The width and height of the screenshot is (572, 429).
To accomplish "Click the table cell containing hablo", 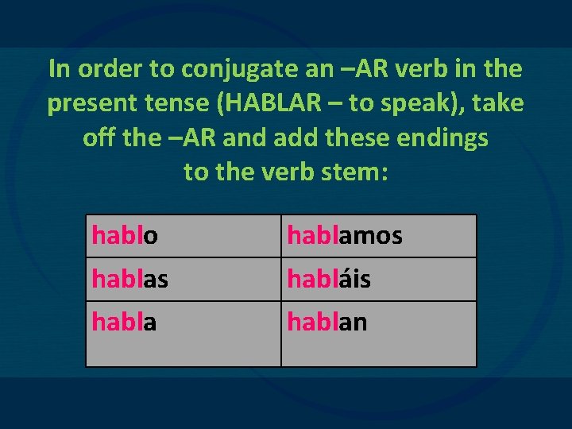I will click(183, 236).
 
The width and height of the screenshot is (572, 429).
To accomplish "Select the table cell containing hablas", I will click(183, 279).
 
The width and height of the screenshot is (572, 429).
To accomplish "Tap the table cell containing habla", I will click(183, 333).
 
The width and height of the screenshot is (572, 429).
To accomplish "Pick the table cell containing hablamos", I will click(378, 236).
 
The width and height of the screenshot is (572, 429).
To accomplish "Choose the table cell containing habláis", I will click(378, 279).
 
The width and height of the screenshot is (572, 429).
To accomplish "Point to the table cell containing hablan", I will click(378, 333).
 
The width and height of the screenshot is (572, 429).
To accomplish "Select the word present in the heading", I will click(86, 103).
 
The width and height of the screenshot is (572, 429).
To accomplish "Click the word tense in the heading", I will click(163, 103).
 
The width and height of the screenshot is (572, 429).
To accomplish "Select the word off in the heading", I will click(97, 137).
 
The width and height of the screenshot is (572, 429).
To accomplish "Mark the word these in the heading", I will click(361, 137).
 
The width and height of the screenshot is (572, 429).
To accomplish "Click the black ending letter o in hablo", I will click(149, 236).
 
